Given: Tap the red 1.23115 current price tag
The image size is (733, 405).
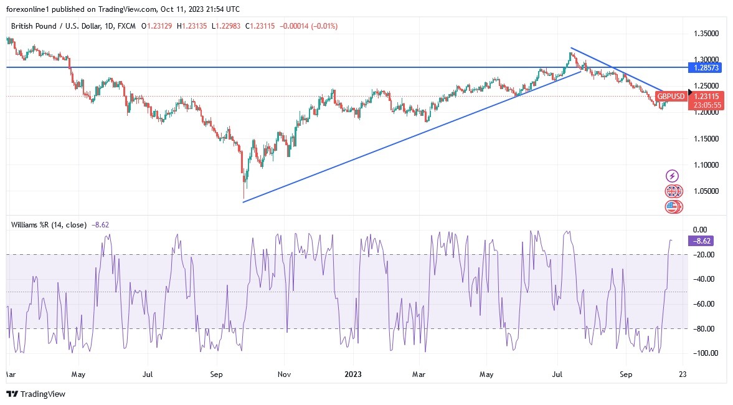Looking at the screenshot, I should (x=706, y=96).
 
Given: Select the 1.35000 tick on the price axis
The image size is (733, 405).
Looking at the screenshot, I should (x=705, y=33).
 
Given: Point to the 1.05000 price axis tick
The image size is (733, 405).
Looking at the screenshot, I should (x=705, y=191).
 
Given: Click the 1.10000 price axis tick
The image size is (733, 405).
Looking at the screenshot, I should (x=705, y=165).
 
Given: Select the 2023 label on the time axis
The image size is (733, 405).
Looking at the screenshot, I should (x=352, y=374).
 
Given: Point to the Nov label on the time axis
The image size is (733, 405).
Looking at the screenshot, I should (x=284, y=374).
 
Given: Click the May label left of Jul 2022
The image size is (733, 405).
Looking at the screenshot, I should (x=78, y=374).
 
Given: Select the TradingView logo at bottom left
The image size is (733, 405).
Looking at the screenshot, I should (x=35, y=394).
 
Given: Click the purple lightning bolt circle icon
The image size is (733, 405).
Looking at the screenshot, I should (x=672, y=176).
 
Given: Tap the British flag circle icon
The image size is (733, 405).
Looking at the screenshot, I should (x=672, y=191).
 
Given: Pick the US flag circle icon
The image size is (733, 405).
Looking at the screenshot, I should (x=672, y=207).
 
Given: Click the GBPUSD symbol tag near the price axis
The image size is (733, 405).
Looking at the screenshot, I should (x=672, y=97).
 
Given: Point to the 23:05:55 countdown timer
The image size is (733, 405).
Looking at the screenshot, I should (x=706, y=105).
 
